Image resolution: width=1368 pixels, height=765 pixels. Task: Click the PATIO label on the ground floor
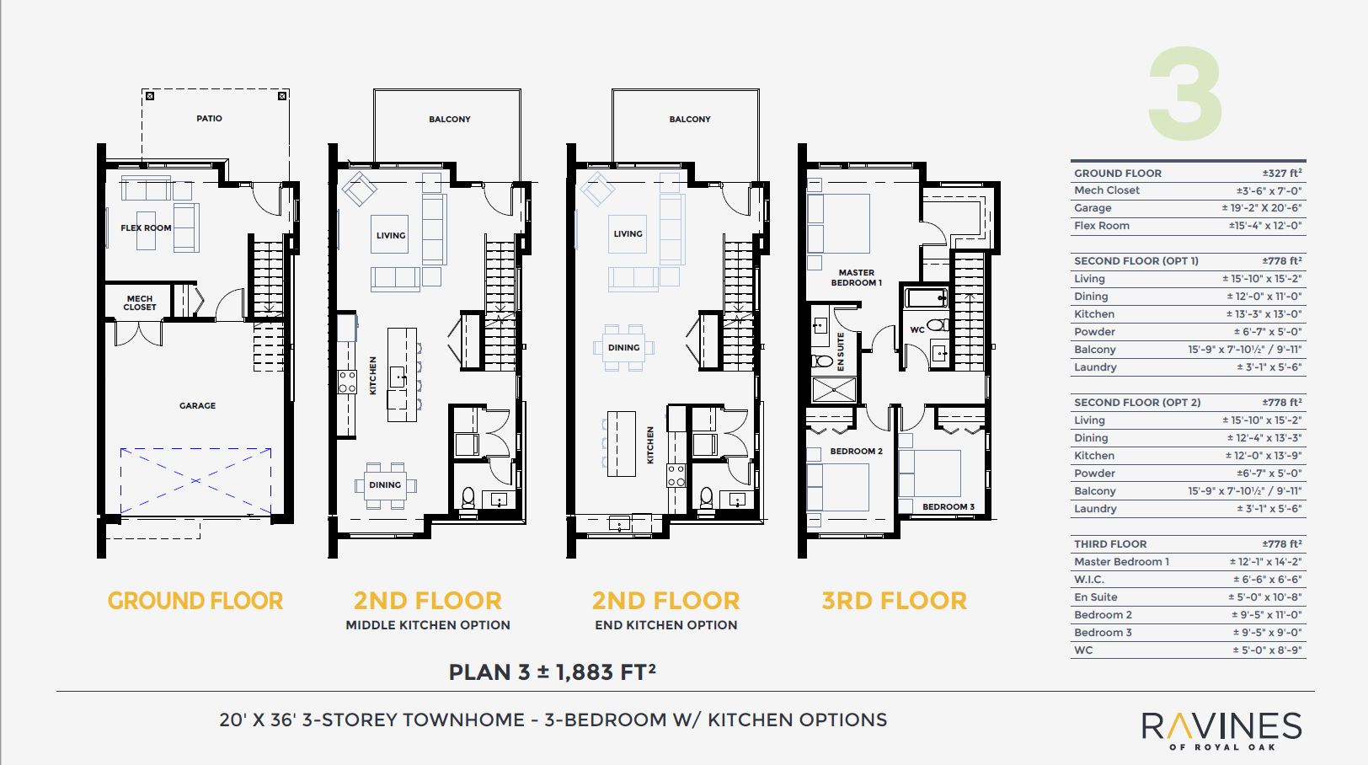[x=209, y=119]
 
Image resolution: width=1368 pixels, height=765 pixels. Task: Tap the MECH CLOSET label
[x=140, y=303]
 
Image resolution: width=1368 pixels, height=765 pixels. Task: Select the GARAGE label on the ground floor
[x=197, y=406]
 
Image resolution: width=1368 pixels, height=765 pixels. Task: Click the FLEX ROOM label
[x=146, y=228]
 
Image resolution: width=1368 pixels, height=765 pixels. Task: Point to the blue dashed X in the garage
[x=195, y=480]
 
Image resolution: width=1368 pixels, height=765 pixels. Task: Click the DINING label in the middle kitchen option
[x=385, y=485]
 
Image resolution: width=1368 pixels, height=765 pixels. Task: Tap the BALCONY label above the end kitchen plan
[x=690, y=120]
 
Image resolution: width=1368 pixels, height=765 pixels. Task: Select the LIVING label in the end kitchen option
[x=628, y=234]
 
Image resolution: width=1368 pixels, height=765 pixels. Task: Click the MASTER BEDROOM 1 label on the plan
[x=857, y=278]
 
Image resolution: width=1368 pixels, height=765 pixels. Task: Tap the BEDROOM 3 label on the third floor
[x=949, y=507]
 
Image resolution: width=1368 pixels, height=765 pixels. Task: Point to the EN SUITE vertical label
[x=841, y=352]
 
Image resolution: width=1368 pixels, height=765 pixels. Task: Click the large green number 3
[x=1186, y=94]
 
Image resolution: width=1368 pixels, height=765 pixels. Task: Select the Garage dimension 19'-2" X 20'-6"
[x=1261, y=208]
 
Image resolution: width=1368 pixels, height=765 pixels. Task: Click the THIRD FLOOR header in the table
[x=1110, y=544]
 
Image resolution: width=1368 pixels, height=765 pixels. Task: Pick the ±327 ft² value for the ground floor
[x=1282, y=174]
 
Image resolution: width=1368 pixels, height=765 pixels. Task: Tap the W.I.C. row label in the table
[x=1089, y=580]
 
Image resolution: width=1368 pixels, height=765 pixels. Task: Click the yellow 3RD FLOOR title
[x=894, y=601]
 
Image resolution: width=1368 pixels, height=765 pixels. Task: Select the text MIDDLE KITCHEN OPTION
[x=428, y=625]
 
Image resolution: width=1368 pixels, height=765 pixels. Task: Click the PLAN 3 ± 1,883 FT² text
[x=552, y=672]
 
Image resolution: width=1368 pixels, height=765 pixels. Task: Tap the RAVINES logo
[x=1221, y=728]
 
